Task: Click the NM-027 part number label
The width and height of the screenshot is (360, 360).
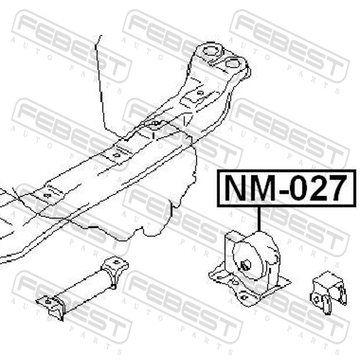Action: coord(286,188)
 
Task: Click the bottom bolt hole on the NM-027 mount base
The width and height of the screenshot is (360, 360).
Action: coord(243,298)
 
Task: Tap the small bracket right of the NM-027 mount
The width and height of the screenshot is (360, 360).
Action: coord(328,292)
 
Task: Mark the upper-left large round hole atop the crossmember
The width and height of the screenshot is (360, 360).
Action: coord(210,51)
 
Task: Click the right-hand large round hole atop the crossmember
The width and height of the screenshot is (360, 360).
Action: coord(232,63)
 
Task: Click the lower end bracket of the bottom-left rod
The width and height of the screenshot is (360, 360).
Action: coord(51,306)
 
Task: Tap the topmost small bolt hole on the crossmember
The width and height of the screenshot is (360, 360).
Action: coord(200,93)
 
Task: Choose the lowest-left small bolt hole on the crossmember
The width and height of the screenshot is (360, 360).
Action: coord(48,195)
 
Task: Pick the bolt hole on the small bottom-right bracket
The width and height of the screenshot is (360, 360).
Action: coord(316,299)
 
